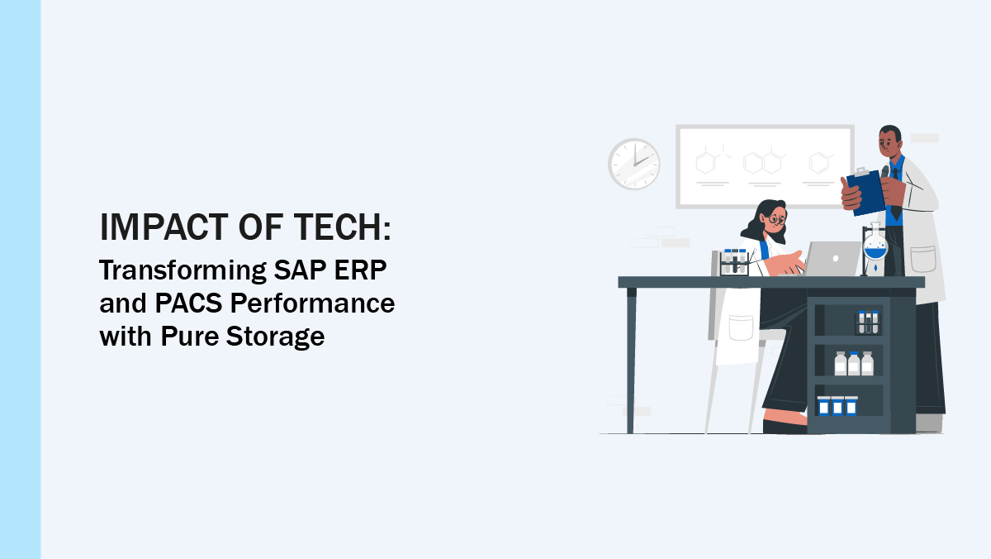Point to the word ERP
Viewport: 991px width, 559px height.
click(x=367, y=270)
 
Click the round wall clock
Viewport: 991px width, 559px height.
click(x=633, y=164)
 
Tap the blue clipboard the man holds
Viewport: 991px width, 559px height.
click(x=864, y=191)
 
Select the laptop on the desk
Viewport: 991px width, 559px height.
click(x=832, y=259)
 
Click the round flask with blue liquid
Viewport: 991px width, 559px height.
click(x=875, y=247)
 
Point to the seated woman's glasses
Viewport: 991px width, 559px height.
click(x=776, y=219)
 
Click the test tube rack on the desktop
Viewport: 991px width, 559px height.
click(x=733, y=262)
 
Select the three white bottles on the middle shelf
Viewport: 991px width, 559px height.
click(x=853, y=364)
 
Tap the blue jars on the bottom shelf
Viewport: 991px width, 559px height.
click(x=837, y=406)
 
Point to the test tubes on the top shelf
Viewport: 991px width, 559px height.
click(x=866, y=322)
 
